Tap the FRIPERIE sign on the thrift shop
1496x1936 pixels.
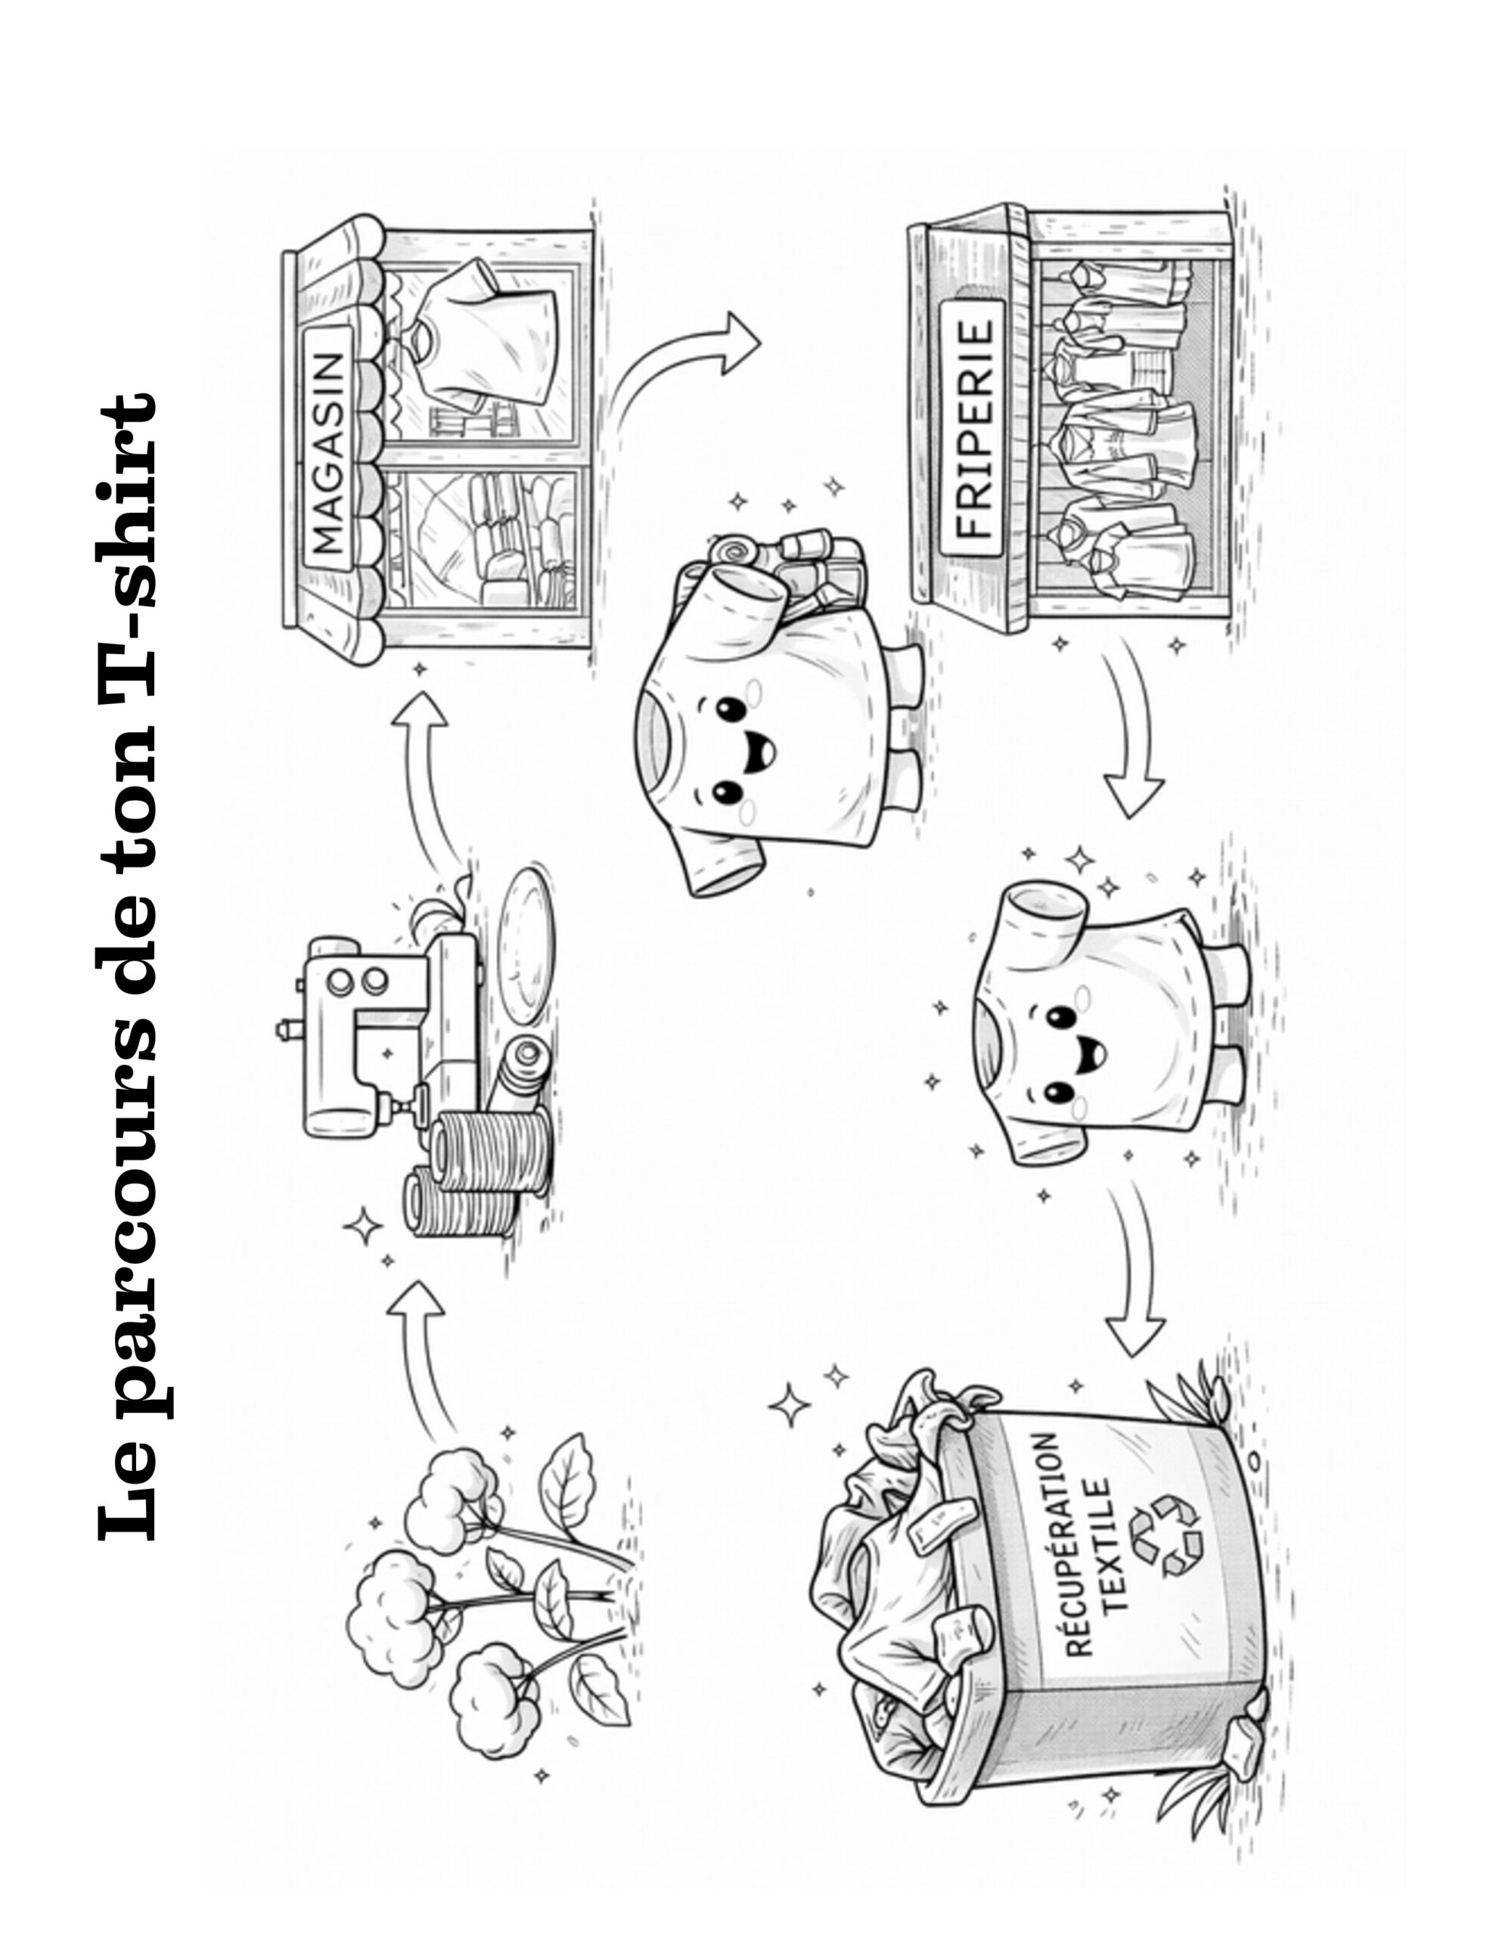(973, 427)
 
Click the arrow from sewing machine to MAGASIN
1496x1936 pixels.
(426, 771)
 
